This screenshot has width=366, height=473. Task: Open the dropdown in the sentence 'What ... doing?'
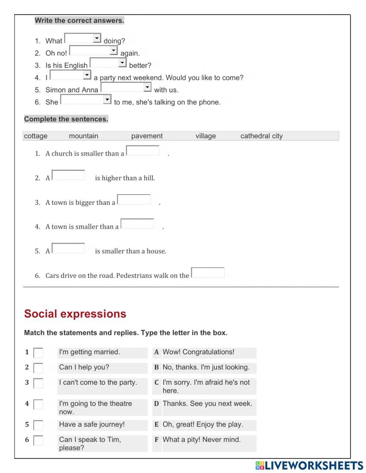click(x=83, y=38)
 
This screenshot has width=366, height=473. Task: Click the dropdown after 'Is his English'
click(x=108, y=63)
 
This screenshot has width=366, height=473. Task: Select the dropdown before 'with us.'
click(x=126, y=87)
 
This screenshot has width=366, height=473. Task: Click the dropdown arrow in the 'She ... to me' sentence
click(x=107, y=99)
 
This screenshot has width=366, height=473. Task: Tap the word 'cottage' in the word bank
click(x=36, y=136)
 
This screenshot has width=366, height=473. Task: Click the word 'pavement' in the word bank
click(x=147, y=136)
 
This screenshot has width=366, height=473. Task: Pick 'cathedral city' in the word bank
click(x=261, y=136)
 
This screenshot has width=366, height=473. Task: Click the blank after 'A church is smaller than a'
click(x=143, y=151)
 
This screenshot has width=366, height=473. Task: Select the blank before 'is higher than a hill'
click(x=68, y=175)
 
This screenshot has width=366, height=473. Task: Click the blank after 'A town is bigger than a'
click(x=134, y=200)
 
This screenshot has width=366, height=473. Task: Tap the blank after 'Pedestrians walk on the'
click(x=208, y=273)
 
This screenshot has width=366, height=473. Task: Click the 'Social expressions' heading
click(x=75, y=314)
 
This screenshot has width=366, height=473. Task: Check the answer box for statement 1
click(x=38, y=353)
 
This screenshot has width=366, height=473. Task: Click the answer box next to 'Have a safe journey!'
click(x=38, y=425)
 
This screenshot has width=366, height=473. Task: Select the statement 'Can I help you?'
click(x=84, y=367)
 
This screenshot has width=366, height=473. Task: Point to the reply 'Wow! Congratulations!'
click(x=198, y=352)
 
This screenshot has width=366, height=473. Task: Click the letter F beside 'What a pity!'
click(x=156, y=440)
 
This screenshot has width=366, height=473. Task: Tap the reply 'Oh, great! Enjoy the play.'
click(x=203, y=425)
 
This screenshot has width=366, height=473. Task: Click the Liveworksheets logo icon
click(x=260, y=465)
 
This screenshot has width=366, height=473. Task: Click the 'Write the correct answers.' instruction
click(x=79, y=21)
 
